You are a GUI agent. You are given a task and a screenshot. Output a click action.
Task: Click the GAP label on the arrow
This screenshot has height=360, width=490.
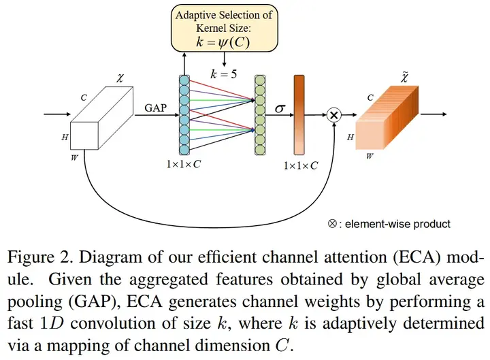pos(156,107)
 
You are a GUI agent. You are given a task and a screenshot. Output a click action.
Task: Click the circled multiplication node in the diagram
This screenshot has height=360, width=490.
pos(333,115)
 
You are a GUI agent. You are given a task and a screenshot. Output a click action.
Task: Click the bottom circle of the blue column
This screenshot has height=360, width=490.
pos(182,149)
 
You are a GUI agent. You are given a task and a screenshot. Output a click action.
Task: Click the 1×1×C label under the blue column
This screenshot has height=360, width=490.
pos(182,165)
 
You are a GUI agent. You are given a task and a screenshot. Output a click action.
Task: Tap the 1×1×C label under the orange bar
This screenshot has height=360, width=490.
pos(300,165)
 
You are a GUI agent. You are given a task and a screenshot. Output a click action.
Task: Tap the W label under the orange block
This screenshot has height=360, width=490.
pos(368,155)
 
